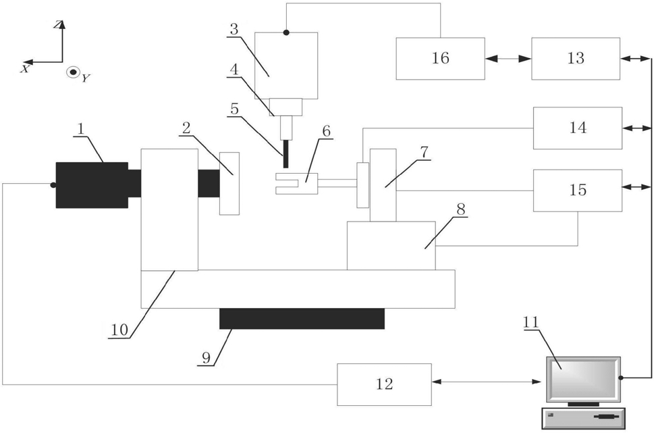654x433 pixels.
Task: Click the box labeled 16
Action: (440, 59)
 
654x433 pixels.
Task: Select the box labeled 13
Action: (576, 59)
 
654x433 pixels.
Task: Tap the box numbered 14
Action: (578, 128)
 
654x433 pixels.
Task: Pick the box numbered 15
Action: (578, 190)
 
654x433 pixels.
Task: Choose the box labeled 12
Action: (384, 384)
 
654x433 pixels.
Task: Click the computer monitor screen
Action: (582, 378)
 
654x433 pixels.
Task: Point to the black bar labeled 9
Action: (302, 319)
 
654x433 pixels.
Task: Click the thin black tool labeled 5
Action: (285, 153)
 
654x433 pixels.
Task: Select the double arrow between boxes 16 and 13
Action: (508, 59)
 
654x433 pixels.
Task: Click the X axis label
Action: (25, 69)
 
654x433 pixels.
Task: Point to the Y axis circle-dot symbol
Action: (73, 73)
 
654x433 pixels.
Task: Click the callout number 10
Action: (119, 330)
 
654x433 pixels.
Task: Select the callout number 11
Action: (530, 322)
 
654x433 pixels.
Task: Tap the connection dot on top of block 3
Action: (286, 32)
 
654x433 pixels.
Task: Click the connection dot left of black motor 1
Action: (53, 185)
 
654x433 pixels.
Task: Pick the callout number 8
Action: (460, 209)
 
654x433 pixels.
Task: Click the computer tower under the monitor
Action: (584, 418)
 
